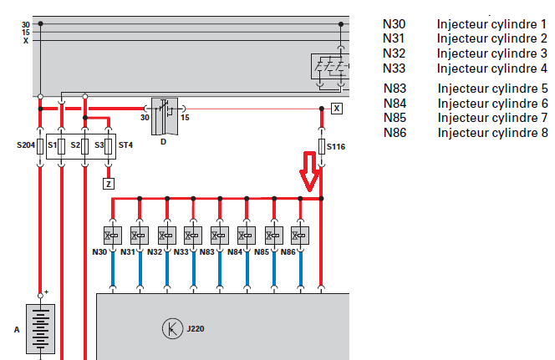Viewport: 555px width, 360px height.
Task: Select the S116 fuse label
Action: tap(336, 147)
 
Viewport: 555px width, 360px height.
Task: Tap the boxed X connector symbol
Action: tap(336, 109)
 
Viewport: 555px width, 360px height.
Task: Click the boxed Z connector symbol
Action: tap(109, 182)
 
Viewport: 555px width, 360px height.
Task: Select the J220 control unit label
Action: tap(195, 328)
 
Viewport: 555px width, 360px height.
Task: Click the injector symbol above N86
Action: tap(299, 236)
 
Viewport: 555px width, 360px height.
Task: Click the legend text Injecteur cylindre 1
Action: tap(491, 24)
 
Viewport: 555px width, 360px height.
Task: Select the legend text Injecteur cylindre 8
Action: tap(491, 133)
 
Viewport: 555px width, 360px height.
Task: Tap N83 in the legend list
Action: tap(395, 89)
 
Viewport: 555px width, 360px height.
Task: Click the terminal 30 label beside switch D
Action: tap(144, 118)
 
